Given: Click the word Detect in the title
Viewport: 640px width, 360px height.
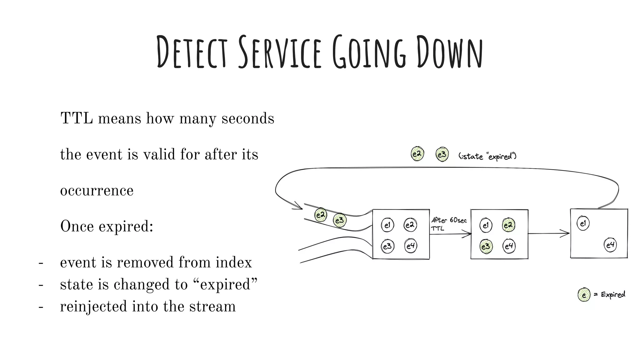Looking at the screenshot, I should click(x=191, y=52).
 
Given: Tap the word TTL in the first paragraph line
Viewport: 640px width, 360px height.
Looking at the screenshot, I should click(x=77, y=119).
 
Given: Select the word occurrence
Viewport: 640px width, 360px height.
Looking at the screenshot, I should click(x=97, y=191).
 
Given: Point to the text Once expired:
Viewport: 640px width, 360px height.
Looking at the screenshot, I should click(x=107, y=226).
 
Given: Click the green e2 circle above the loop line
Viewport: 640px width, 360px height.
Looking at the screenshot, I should click(x=417, y=154).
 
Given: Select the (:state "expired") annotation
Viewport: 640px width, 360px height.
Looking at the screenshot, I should click(x=487, y=156).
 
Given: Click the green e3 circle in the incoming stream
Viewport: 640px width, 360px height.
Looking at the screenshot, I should click(x=339, y=220).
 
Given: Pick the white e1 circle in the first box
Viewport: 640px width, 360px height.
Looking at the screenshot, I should click(x=387, y=225).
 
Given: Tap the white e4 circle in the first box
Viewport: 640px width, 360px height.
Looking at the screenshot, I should click(x=410, y=246).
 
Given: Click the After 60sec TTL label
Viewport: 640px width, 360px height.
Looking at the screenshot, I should click(x=448, y=224).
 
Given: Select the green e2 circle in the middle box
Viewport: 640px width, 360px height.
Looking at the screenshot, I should click(x=508, y=225).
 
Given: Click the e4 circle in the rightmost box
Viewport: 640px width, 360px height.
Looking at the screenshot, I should click(x=610, y=245).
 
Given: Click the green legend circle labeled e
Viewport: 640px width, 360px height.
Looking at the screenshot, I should click(x=584, y=295).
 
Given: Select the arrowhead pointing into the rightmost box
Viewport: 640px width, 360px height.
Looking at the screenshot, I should click(x=566, y=233).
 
